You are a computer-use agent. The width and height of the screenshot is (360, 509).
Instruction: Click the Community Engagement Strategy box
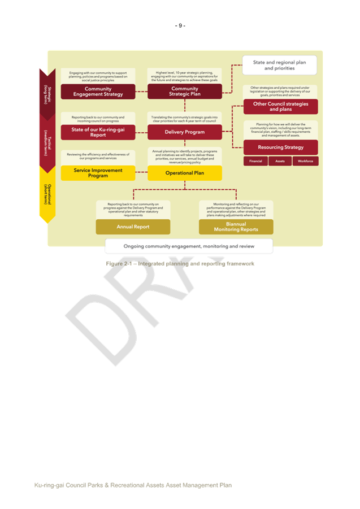(98, 92)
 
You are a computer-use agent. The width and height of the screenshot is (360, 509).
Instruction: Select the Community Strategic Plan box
(184, 92)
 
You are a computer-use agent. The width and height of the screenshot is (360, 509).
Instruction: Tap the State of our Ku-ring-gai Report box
(98, 132)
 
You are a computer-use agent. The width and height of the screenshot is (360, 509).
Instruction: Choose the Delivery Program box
(184, 132)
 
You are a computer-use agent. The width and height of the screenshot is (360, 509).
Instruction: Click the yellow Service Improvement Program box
(98, 173)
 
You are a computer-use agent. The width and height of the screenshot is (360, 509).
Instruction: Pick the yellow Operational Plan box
(184, 173)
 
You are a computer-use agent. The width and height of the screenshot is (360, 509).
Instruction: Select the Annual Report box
(133, 227)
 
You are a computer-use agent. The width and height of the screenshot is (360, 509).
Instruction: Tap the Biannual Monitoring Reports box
(236, 227)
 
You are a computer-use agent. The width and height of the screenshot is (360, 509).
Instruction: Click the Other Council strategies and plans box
(280, 107)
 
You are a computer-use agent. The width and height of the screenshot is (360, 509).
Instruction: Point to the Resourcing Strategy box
(280, 147)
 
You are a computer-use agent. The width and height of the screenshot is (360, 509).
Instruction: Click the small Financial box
(255, 161)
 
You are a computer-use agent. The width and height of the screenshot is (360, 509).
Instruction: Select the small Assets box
(280, 161)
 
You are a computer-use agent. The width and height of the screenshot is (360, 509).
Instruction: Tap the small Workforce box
(305, 161)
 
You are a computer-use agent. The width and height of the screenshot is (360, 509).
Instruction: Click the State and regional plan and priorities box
(279, 65)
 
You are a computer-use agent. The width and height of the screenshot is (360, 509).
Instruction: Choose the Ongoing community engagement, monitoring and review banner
(189, 246)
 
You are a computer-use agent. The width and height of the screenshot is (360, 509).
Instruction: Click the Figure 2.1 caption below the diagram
(180, 264)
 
